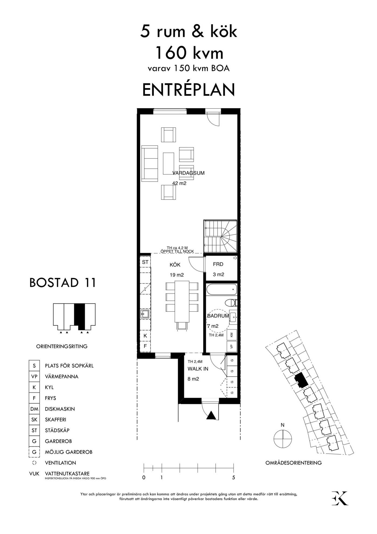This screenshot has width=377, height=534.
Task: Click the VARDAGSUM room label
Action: [188, 173]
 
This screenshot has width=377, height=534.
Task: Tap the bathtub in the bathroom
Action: [222, 289]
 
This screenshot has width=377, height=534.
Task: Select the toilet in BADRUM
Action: [231, 303]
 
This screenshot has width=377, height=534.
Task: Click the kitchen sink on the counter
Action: [145, 314]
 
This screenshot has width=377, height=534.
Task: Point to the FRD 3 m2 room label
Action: [218, 269]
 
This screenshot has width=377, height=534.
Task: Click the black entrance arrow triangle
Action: [211, 416]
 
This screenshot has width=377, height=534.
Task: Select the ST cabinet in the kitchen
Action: [145, 262]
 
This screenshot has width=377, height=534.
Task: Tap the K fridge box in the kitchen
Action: [145, 336]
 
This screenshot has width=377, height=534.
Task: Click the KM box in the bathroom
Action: [232, 335]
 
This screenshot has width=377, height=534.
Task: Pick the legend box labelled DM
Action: [34, 409]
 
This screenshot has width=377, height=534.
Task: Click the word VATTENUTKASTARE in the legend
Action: [67, 474]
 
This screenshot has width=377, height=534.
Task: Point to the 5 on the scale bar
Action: [233, 477]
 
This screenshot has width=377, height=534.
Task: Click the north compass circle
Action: [282, 439]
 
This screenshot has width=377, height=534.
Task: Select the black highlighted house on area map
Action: [301, 380]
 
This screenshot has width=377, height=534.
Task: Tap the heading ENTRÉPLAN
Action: [188, 90]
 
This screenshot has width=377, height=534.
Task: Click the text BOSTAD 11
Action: [62, 283]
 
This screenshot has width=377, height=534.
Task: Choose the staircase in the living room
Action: [220, 236]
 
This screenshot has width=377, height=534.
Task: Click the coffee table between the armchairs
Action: [168, 163]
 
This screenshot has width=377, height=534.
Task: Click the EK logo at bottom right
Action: [340, 498]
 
